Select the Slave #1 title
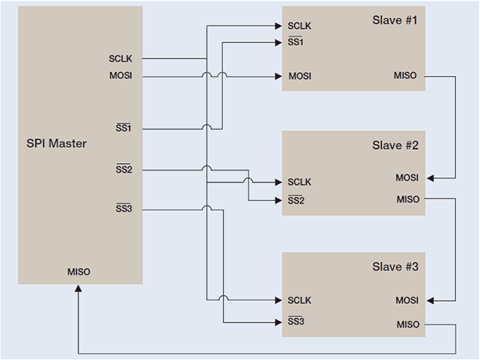pyautogui.click(x=395, y=19)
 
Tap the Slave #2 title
pyautogui.click(x=395, y=146)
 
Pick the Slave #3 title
pyautogui.click(x=395, y=266)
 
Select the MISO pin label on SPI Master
pyautogui.click(x=79, y=271)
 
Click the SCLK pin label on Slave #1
pyautogui.click(x=299, y=26)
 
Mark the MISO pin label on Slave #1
pyautogui.click(x=406, y=76)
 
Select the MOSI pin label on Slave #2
pyautogui.click(x=406, y=177)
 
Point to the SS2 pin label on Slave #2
pyautogui.click(x=296, y=200)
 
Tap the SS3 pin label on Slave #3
pyautogui.click(x=296, y=322)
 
